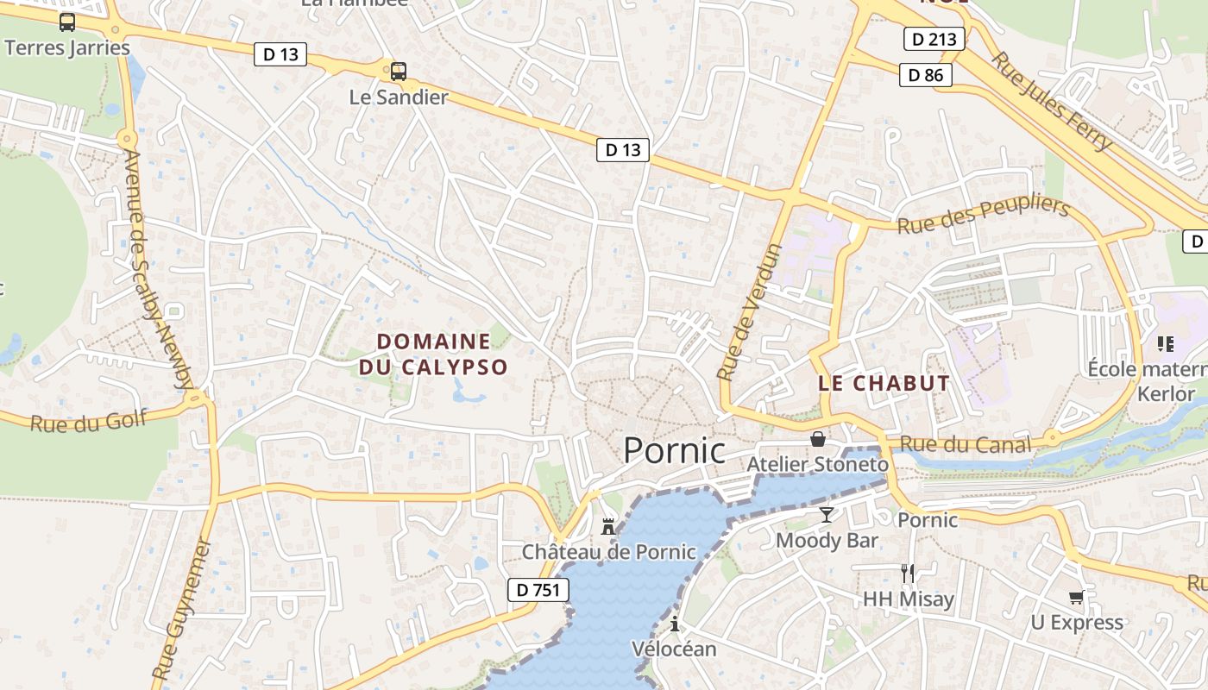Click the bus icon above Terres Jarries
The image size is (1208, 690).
click(66, 22)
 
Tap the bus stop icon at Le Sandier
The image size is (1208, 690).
click(398, 71)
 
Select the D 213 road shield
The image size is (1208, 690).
click(934, 39)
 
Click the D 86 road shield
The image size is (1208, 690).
click(926, 75)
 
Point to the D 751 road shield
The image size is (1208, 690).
click(538, 590)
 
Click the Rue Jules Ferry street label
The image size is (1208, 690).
click(1051, 102)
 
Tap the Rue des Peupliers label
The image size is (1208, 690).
click(984, 215)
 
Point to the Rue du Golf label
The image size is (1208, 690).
click(89, 422)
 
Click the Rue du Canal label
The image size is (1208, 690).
click(965, 445)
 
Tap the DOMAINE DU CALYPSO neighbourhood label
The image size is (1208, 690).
click(433, 354)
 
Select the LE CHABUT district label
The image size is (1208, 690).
click(884, 384)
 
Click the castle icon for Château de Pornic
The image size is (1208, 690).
click(608, 526)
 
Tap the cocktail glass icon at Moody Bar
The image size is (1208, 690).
click(827, 515)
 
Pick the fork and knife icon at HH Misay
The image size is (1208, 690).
click(907, 573)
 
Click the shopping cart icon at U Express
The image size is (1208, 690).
click(1076, 597)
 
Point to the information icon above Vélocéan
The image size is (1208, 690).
click(674, 624)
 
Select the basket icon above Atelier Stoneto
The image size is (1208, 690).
click(817, 439)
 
